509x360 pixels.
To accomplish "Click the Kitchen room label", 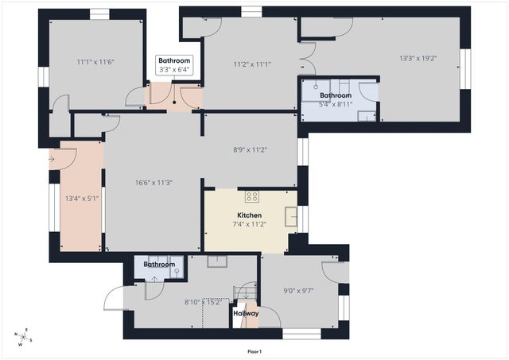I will [249, 215].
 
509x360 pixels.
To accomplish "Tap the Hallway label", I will [246, 313].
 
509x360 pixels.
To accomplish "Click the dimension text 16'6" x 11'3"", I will [153, 183].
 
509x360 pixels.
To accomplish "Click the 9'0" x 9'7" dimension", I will [298, 290].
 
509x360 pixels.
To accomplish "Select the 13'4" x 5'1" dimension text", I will [81, 199].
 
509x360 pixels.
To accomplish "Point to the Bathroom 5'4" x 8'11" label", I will [336, 99].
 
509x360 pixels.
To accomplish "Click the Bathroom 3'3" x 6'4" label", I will [174, 65].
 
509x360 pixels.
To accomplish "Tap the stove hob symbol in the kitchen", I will [252, 197].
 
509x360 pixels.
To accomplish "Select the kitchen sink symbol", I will [292, 215].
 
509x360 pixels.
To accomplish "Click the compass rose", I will [25, 337].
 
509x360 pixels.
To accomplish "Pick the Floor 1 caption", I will [254, 351].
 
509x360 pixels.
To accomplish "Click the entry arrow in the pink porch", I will [52, 159].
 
